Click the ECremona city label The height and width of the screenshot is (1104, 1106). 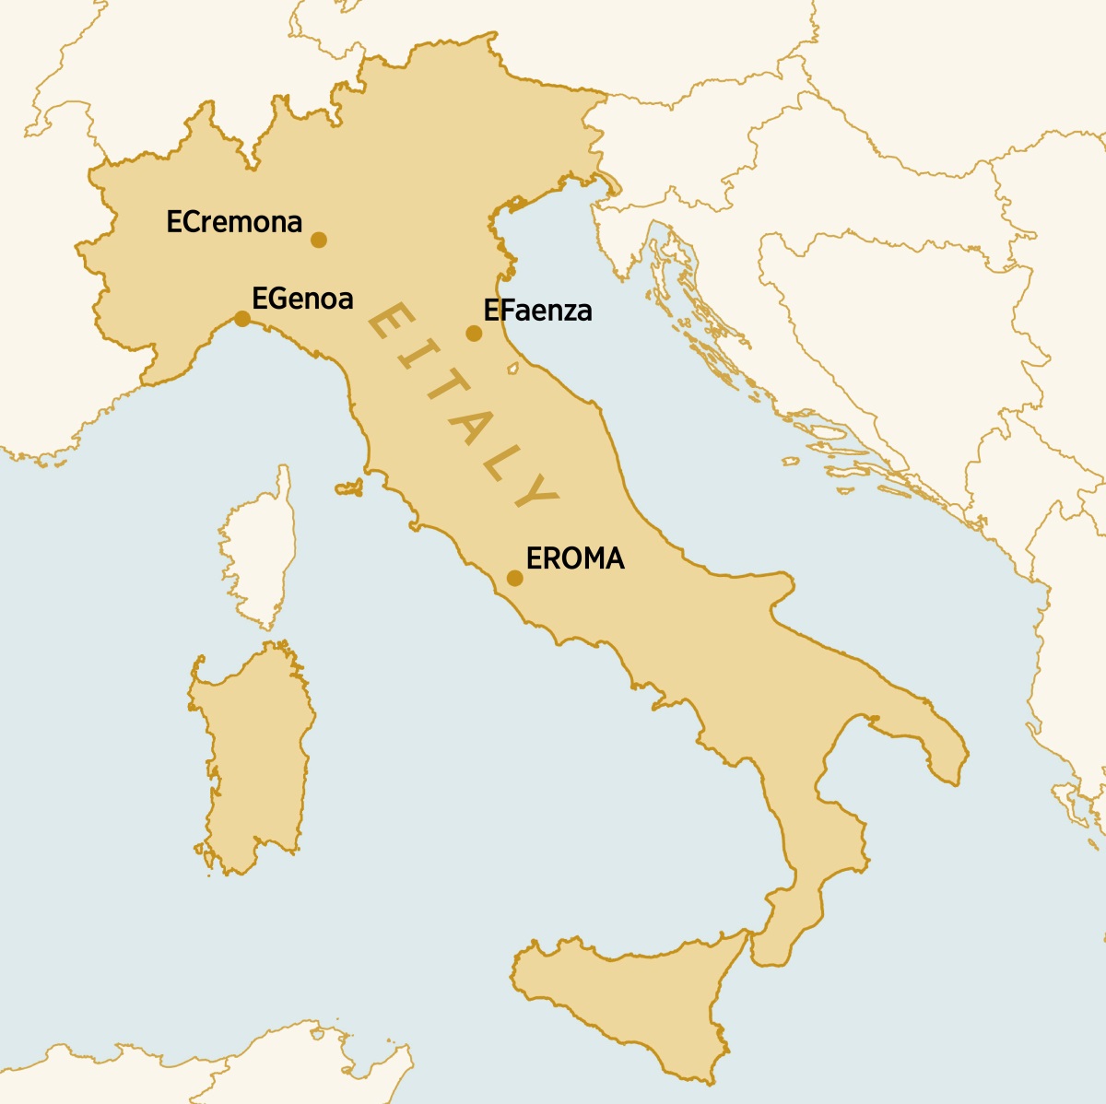click(234, 222)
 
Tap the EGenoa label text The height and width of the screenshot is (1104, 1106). click(302, 299)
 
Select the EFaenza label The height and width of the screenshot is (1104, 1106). click(537, 311)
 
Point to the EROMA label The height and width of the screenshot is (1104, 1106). click(575, 558)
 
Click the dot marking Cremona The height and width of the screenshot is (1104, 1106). click(319, 240)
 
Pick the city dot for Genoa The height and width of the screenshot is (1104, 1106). click(241, 319)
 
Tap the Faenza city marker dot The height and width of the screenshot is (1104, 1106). click(474, 334)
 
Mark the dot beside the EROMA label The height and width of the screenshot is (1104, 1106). click(515, 579)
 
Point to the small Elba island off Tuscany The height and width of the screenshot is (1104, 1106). click(348, 487)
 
